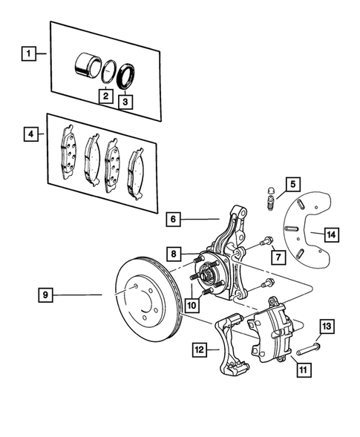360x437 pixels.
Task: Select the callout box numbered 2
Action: (106, 96)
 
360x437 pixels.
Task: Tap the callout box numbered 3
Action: (127, 102)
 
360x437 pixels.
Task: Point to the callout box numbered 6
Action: (174, 220)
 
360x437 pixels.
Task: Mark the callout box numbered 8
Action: (172, 254)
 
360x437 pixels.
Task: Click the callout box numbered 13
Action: (328, 326)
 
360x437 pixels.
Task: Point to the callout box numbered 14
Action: (331, 234)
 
